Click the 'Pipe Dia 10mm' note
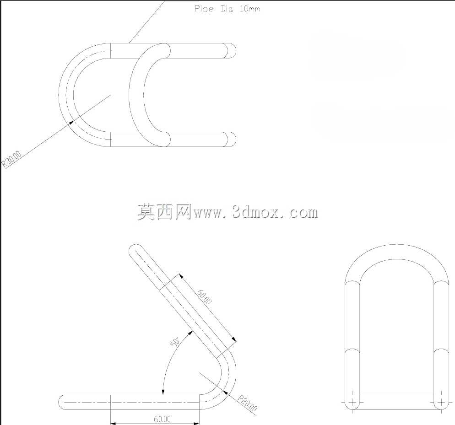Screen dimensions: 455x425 click(x=227, y=9)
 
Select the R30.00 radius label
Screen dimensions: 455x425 click(x=12, y=159)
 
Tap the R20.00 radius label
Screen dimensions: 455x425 click(x=247, y=403)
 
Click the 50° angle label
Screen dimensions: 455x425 click(x=175, y=341)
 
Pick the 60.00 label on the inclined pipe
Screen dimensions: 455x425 click(x=204, y=297)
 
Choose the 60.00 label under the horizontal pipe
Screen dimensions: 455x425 click(x=162, y=419)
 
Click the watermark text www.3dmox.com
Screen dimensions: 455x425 click(x=255, y=212)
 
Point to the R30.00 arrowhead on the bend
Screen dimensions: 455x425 click(x=71, y=122)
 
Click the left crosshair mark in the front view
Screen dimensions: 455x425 click(x=352, y=403)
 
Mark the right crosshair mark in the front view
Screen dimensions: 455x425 click(x=441, y=403)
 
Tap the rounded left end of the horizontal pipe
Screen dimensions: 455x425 click(x=62, y=403)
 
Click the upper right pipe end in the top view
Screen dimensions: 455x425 click(x=231, y=51)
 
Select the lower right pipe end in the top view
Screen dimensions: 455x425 click(x=231, y=139)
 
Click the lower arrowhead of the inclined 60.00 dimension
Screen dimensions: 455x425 click(x=234, y=339)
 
